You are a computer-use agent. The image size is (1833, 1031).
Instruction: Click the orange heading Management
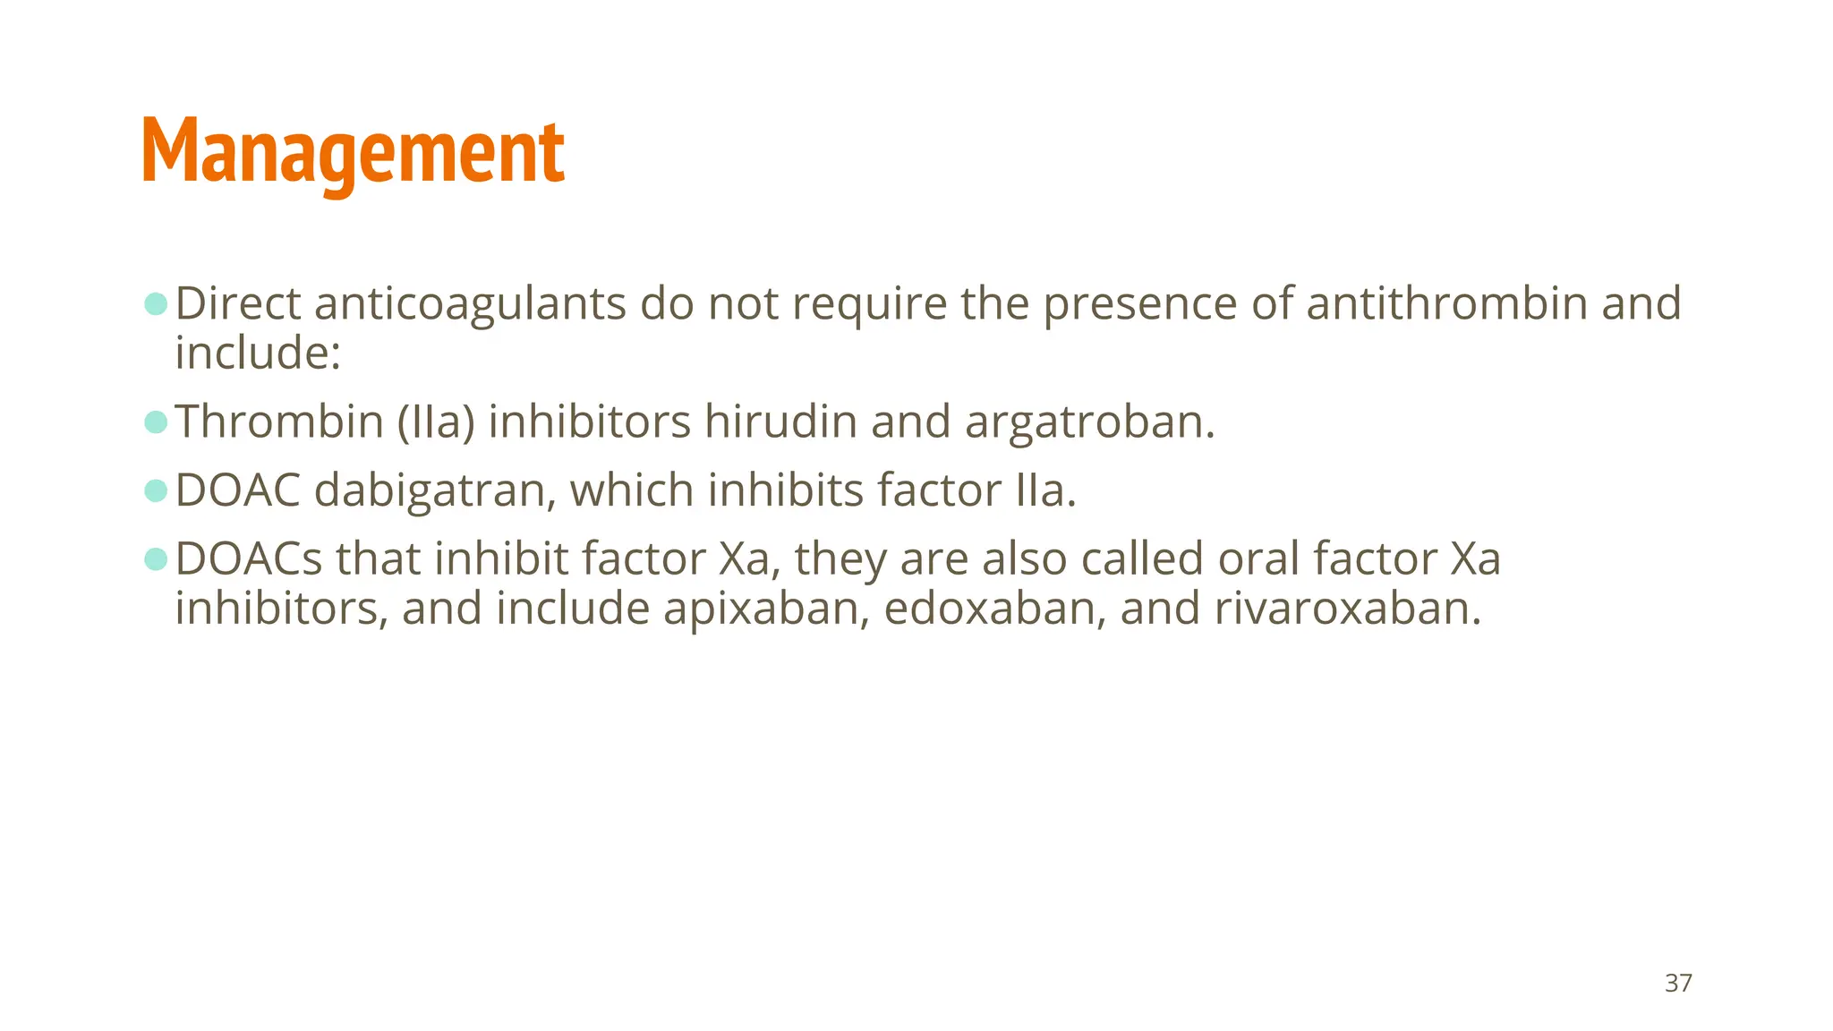[353, 152]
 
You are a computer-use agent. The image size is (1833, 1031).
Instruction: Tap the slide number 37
[1678, 983]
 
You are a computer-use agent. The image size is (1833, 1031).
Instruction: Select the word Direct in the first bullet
[237, 303]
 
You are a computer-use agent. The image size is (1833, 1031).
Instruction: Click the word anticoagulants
[469, 303]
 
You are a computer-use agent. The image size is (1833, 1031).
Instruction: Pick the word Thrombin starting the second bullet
[278, 422]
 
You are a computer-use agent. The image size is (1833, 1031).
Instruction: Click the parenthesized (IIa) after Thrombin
[436, 422]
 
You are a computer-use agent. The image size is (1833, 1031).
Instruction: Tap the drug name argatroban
[1089, 422]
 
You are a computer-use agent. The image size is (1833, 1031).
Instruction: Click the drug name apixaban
[766, 609]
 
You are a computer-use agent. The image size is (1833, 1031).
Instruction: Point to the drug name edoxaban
[994, 609]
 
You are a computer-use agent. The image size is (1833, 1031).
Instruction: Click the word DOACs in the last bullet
[248, 559]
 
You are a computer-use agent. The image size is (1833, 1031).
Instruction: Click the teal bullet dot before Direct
[156, 303]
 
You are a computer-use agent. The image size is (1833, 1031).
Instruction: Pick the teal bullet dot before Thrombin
[156, 422]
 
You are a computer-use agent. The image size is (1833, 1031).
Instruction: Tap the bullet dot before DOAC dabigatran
[156, 490]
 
